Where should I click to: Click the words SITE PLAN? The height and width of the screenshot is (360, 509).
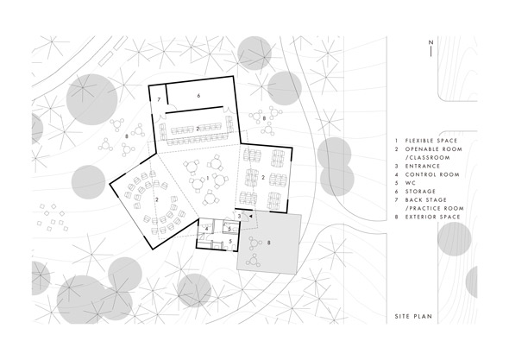click(x=413, y=316)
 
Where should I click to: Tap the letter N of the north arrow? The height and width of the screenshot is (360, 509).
click(x=430, y=42)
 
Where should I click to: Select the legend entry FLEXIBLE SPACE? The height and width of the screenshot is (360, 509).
click(x=431, y=141)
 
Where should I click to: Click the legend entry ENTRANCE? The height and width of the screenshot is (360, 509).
click(x=423, y=166)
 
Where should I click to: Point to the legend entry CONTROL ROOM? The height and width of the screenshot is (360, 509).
click(x=432, y=174)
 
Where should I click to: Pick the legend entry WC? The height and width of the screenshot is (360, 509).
click(x=411, y=183)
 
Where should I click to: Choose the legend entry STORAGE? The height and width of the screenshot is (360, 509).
click(x=420, y=192)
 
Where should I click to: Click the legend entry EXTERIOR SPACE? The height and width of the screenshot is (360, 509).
click(x=432, y=217)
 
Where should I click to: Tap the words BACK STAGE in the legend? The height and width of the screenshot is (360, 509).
click(x=426, y=199)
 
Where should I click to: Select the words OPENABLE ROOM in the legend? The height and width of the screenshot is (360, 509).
click(x=433, y=149)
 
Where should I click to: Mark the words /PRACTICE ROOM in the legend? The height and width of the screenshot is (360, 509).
click(x=434, y=208)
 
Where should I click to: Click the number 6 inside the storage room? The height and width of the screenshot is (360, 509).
click(x=198, y=96)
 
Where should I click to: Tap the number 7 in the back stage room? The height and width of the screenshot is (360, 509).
click(x=159, y=100)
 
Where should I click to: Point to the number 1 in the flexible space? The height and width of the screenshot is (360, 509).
click(x=207, y=178)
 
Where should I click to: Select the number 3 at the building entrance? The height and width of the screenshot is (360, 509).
click(x=240, y=216)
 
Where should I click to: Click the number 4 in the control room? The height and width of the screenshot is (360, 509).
click(x=206, y=229)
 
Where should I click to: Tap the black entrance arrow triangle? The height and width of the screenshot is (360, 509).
click(x=250, y=216)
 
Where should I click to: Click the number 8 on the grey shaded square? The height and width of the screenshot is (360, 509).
click(x=268, y=243)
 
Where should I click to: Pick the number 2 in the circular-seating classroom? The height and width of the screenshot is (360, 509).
click(x=157, y=199)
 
